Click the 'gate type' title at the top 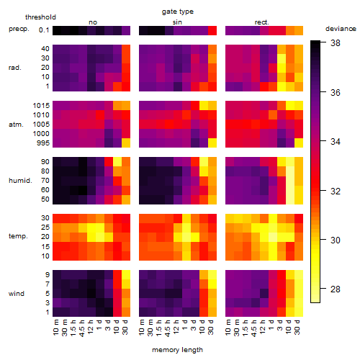(178, 12)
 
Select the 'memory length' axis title (177, 350)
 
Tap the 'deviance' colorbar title (341, 29)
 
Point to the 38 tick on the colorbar (336, 43)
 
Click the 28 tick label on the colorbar (336, 289)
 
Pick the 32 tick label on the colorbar (336, 191)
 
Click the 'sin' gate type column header (177, 22)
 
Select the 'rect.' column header (261, 22)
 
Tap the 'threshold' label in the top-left (40, 17)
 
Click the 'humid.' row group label (20, 181)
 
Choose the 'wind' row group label (17, 294)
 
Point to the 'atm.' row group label (16, 125)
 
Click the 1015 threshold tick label (41, 106)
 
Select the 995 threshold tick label (43, 143)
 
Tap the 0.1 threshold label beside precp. (44, 30)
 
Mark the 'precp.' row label (19, 29)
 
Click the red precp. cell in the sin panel (212, 30)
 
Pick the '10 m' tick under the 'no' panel (56, 327)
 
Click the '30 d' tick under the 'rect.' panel (297, 327)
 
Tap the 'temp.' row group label (18, 236)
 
